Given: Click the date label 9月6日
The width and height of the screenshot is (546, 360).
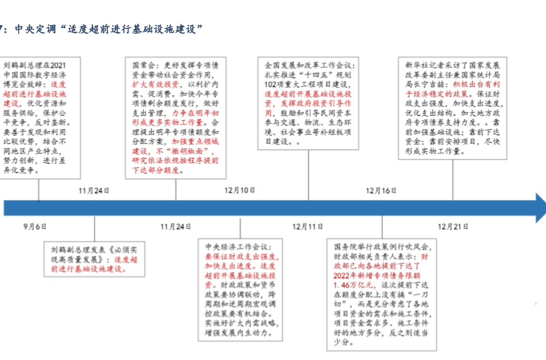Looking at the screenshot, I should pyautogui.click(x=35, y=226).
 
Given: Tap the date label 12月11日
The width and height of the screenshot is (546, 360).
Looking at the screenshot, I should pyautogui.click(x=308, y=226).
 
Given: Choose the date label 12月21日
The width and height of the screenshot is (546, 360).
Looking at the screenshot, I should pyautogui.click(x=452, y=226).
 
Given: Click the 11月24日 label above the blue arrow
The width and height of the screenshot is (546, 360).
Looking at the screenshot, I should pyautogui.click(x=94, y=190).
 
